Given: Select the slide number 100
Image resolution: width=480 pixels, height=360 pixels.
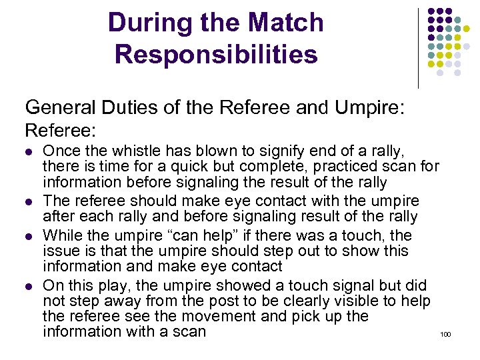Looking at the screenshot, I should pos(446,333).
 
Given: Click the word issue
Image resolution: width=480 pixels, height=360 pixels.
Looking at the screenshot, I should pos(59,251).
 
